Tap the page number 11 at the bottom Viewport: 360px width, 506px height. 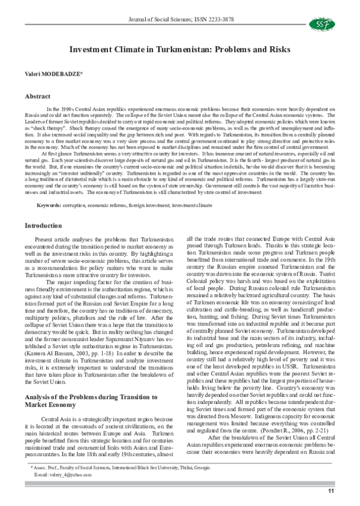[x=331, y=492]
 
